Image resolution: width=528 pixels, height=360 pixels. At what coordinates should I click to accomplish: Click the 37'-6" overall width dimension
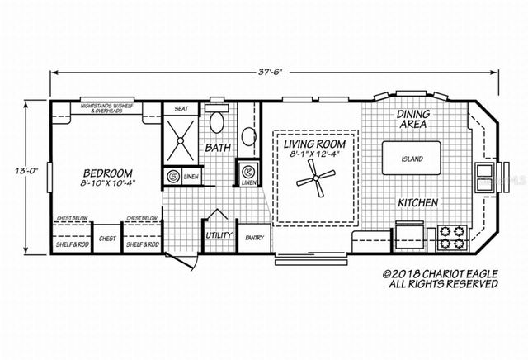click(x=270, y=72)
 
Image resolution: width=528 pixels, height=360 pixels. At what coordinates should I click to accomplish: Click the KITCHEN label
click(x=417, y=202)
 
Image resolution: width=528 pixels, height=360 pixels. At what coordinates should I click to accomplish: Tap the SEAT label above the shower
click(x=180, y=109)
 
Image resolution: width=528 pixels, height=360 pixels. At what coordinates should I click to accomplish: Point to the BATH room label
click(x=217, y=149)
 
